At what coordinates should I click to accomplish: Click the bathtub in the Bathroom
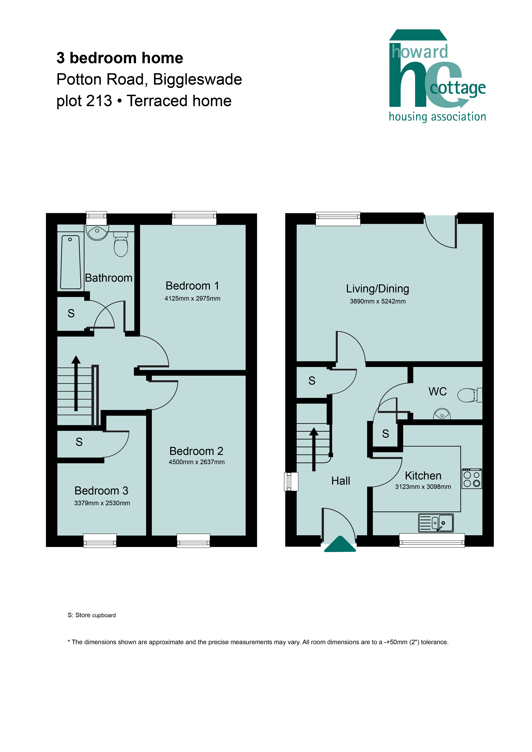tap(70, 262)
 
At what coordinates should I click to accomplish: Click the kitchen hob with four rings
tap(472, 479)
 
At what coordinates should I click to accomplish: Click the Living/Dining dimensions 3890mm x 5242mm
tap(378, 301)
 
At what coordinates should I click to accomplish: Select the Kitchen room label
tap(423, 476)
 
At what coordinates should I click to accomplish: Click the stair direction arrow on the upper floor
tap(76, 383)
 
